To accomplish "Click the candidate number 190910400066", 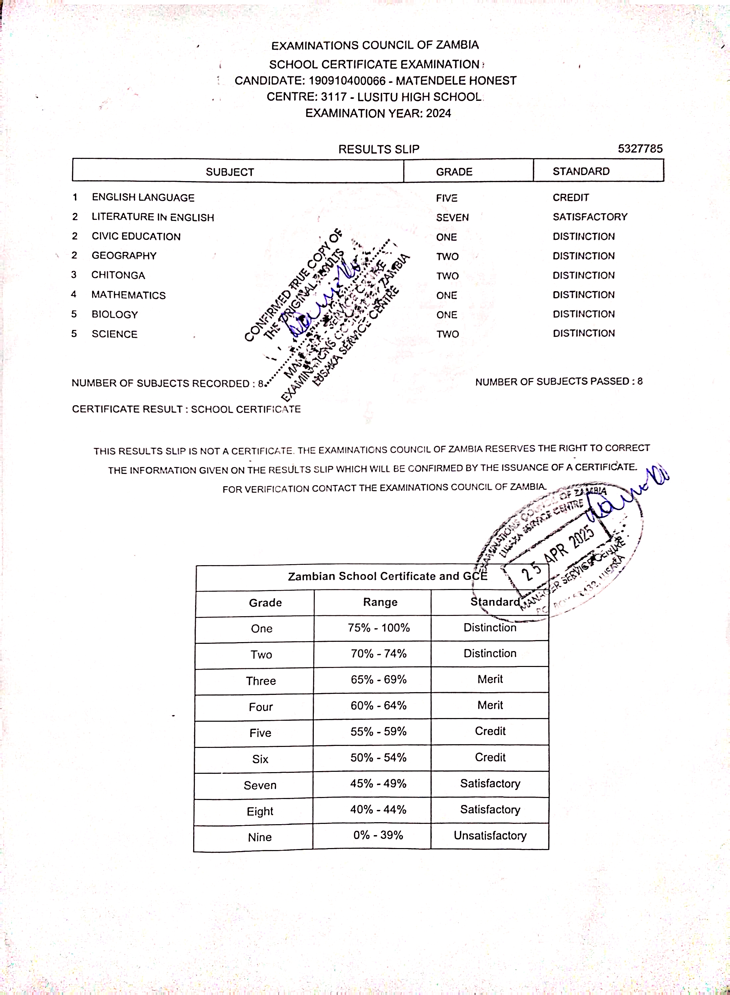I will [347, 81].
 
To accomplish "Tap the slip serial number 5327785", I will [640, 149].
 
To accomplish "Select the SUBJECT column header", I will [230, 172].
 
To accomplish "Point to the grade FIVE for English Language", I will [446, 198].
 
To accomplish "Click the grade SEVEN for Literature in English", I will [452, 218].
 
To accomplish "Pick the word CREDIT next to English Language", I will [571, 198].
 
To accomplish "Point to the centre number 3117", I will [334, 97].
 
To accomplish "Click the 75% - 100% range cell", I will [379, 628].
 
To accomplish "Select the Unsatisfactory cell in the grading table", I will [490, 836].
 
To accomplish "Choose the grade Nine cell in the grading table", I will [260, 837].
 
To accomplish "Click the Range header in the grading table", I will [380, 602].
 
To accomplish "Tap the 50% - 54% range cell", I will [378, 758].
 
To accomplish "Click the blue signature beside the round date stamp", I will [628, 495].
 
